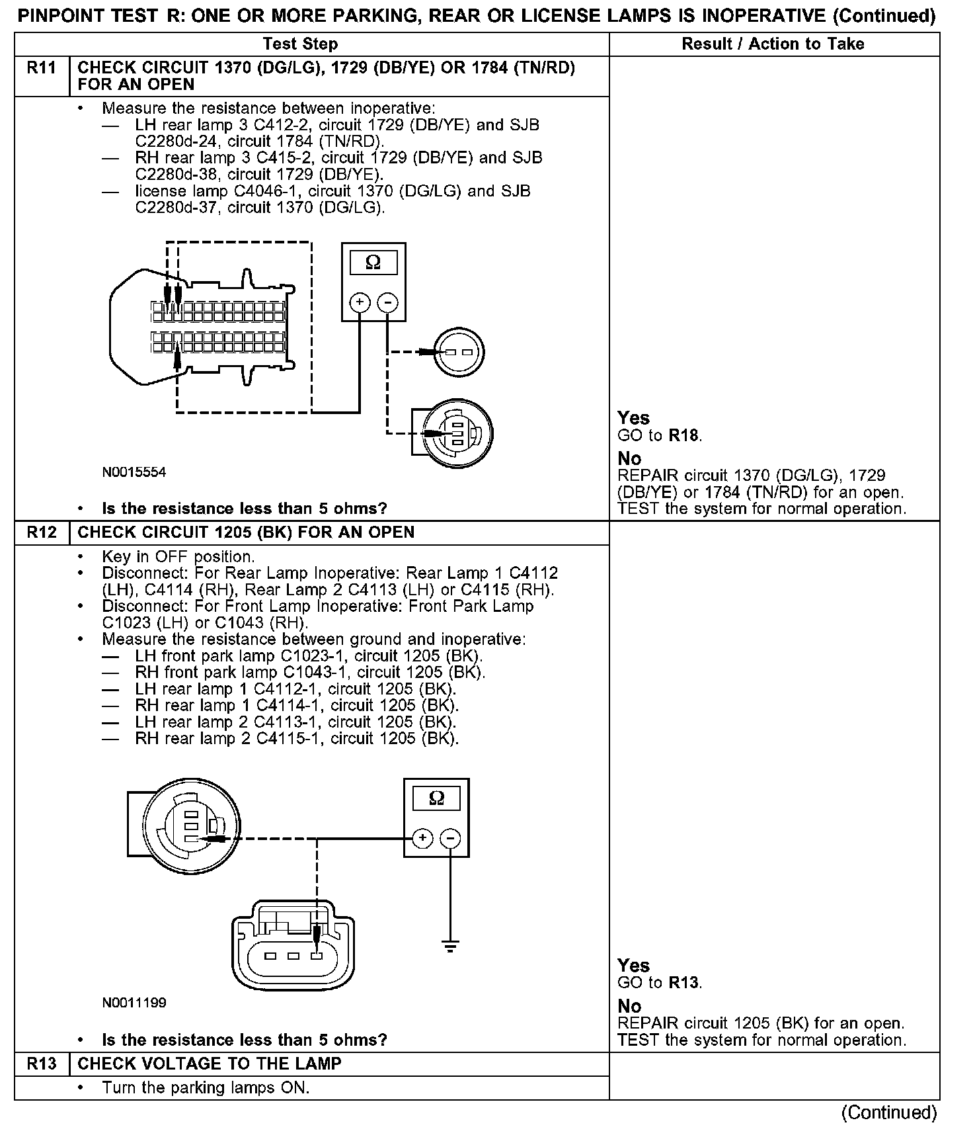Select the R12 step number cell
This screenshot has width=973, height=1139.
tap(41, 533)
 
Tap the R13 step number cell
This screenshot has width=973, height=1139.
tap(41, 1064)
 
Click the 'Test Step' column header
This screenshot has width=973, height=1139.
tap(300, 44)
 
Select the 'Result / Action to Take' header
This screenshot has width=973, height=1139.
tap(773, 44)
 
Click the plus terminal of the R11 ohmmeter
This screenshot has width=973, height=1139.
tap(360, 303)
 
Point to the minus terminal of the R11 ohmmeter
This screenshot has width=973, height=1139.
tap(387, 303)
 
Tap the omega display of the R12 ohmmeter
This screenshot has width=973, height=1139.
tap(436, 798)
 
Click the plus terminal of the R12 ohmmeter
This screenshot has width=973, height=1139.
tap(422, 839)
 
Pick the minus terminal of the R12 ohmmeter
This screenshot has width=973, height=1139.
tap(450, 839)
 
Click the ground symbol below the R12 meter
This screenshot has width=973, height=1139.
tap(450, 947)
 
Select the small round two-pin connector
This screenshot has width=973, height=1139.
tap(459, 352)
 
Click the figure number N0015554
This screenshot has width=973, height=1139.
tap(134, 473)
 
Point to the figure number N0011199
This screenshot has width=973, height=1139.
tap(134, 1003)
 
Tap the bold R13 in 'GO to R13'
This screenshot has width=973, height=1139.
tap(684, 983)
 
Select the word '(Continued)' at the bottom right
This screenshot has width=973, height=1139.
tap(889, 1113)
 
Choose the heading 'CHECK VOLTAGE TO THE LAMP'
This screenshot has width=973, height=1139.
tap(210, 1064)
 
